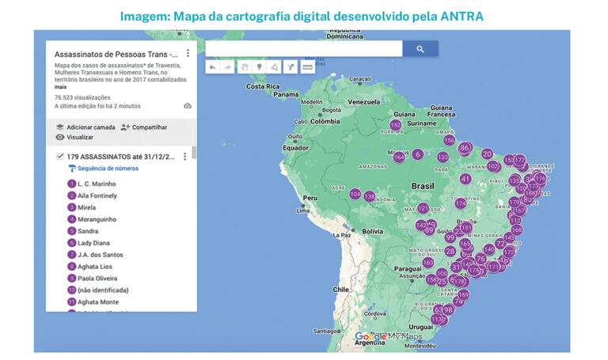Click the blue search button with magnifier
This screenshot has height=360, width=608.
(420, 49)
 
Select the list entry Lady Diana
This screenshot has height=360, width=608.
(94, 243)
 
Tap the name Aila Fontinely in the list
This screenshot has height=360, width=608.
(97, 195)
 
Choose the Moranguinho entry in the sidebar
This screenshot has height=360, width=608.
(97, 219)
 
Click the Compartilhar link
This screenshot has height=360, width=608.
(149, 127)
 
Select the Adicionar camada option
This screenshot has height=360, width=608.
(90, 127)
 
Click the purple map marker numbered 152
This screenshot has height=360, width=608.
(396, 125)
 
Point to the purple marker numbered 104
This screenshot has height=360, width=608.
(355, 195)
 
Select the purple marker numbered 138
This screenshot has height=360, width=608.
(369, 196)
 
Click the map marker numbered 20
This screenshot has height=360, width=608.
(487, 154)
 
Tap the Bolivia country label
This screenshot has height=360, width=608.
(373, 231)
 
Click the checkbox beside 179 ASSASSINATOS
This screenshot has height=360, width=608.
(60, 157)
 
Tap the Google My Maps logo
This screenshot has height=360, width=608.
(389, 336)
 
